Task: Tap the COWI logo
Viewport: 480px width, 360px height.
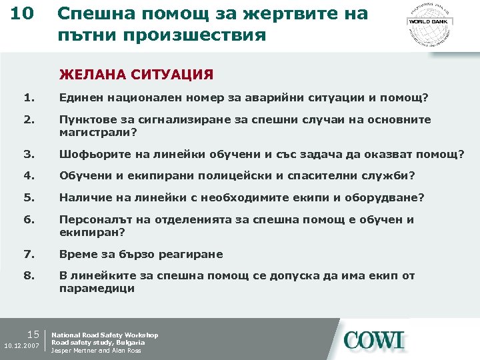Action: (x=373, y=340)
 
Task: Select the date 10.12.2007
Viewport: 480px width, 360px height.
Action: (x=22, y=347)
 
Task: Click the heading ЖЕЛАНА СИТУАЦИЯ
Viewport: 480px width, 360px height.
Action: (x=136, y=74)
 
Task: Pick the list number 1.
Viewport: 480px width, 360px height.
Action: (x=27, y=99)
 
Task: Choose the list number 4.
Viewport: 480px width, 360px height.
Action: (x=27, y=176)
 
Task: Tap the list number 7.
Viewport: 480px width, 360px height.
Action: (x=27, y=254)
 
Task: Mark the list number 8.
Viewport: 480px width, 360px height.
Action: (x=27, y=276)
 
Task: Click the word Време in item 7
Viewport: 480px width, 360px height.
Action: (x=75, y=254)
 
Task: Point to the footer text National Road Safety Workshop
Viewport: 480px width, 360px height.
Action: (x=105, y=335)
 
